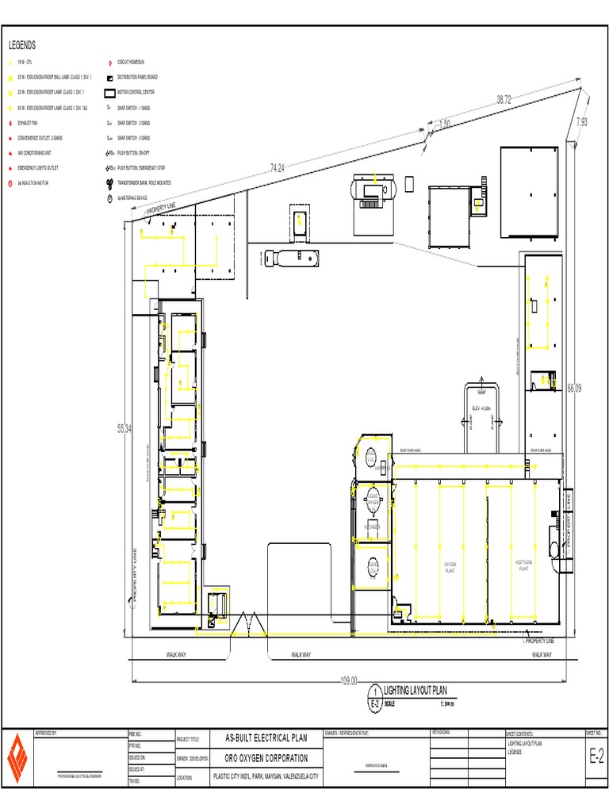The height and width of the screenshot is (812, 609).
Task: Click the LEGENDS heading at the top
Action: point(22,46)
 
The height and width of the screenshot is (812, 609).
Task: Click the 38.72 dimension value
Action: point(504,100)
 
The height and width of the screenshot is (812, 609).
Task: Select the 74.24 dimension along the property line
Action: point(277,167)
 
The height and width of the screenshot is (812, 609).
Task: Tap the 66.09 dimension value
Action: point(574,388)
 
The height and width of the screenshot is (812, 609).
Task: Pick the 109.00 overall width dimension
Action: point(349,680)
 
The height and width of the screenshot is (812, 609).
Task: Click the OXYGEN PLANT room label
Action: point(449,567)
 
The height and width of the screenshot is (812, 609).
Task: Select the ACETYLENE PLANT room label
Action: point(523,565)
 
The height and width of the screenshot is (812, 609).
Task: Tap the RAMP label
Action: point(481,393)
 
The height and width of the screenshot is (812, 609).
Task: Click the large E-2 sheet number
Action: point(596,759)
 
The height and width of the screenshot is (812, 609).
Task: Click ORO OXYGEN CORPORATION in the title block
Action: point(262,759)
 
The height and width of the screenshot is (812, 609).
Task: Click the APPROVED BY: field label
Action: point(47,733)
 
